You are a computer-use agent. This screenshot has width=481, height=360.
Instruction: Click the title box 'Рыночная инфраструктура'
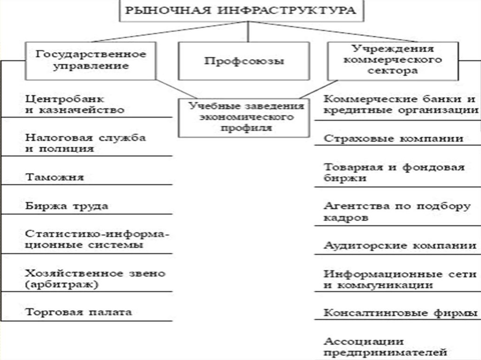point(241,11)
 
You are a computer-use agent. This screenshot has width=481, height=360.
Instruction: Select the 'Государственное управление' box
point(91,61)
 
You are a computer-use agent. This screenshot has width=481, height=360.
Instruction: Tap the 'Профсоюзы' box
point(244,61)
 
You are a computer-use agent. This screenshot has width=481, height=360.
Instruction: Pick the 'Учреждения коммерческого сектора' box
point(393,61)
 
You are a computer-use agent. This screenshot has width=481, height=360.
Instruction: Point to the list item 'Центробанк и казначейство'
point(75,104)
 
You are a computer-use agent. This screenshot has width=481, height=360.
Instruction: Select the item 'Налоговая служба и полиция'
point(85,143)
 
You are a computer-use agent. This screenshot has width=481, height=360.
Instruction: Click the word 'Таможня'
point(54,177)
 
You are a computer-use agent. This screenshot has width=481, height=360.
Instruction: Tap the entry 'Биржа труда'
point(67,206)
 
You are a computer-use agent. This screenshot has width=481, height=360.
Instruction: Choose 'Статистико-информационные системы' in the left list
point(97,239)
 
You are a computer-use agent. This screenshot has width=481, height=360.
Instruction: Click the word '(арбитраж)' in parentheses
point(62,284)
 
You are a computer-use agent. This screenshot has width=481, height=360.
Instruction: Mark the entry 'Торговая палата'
point(78,312)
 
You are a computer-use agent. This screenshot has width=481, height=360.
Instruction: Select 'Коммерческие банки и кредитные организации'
point(401,104)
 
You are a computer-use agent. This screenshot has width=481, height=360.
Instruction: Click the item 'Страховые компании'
point(393,138)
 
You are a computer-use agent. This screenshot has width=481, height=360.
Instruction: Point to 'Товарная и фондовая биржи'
point(394,172)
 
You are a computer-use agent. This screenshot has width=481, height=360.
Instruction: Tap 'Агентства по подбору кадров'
point(397,211)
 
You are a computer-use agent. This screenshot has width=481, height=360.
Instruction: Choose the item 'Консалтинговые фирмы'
point(401,313)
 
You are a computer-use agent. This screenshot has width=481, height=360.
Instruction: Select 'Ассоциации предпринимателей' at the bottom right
point(385,347)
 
